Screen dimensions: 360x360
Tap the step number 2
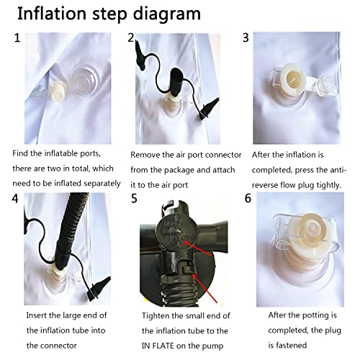131,38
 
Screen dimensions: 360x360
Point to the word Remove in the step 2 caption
147,154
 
